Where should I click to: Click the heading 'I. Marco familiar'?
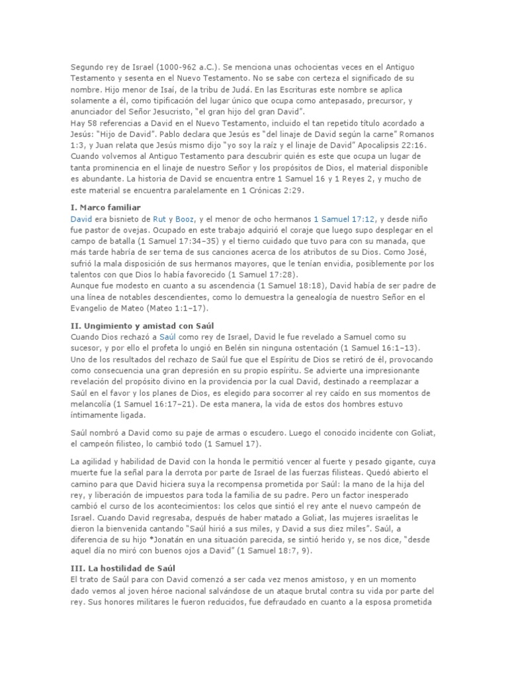(x=105, y=207)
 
